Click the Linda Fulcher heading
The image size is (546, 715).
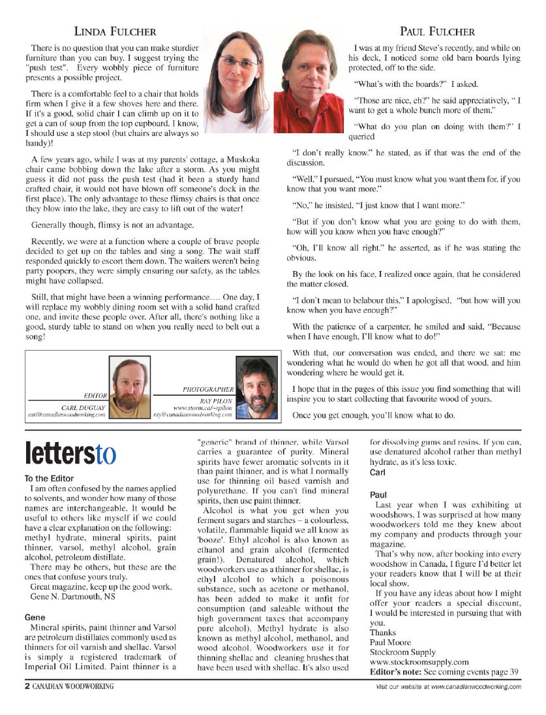click(115, 31)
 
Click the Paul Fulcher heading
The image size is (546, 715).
click(437, 31)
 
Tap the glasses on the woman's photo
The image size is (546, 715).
click(238, 63)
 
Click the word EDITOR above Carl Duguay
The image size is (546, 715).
click(97, 396)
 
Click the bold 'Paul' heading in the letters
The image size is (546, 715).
click(379, 495)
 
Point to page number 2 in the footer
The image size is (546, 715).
click(20, 686)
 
